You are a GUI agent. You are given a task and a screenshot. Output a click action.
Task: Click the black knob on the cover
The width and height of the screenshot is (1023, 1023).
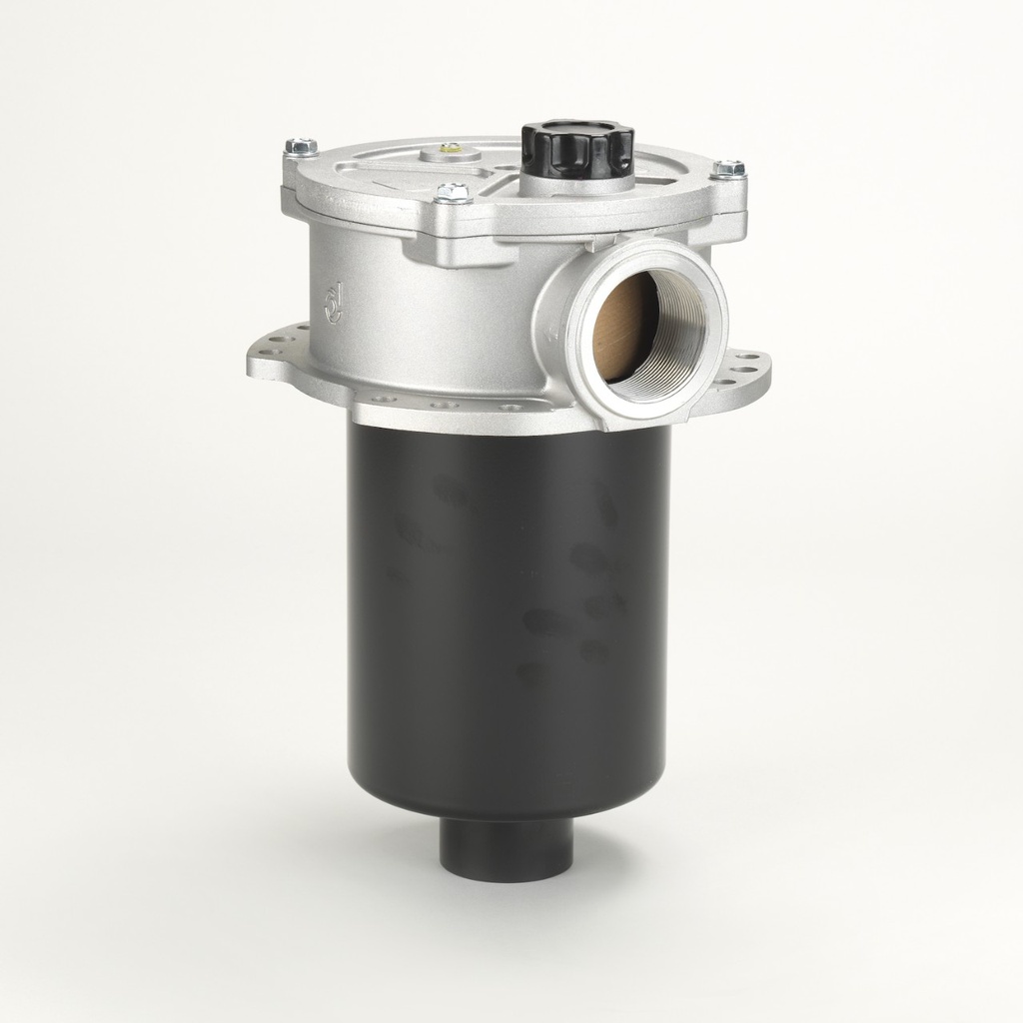577,148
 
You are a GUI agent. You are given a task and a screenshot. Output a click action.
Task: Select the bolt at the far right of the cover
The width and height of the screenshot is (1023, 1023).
729,170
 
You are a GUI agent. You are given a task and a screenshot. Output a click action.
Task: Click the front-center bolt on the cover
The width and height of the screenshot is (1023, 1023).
453,192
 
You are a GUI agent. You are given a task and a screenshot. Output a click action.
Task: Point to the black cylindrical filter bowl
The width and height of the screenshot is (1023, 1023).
505,619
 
